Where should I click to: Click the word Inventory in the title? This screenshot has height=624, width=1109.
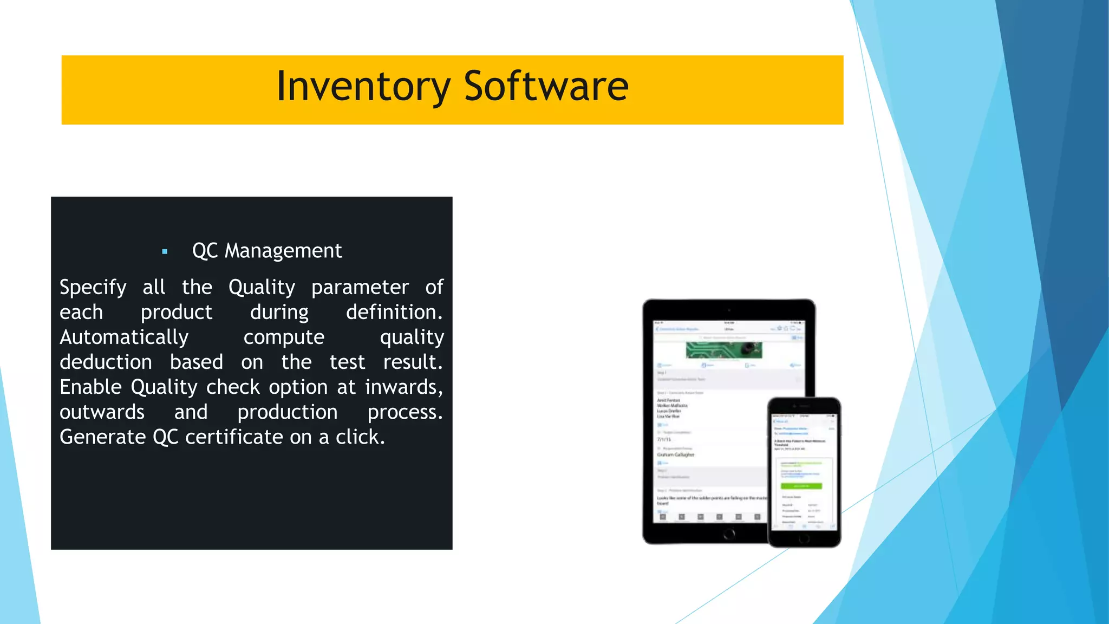363,87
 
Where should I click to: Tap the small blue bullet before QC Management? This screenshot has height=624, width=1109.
165,252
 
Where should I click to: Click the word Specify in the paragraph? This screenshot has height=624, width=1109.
93,288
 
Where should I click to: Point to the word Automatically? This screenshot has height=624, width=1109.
124,337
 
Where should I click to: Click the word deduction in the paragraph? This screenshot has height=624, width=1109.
106,362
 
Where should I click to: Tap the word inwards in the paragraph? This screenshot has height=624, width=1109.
403,387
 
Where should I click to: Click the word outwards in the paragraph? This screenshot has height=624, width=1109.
102,412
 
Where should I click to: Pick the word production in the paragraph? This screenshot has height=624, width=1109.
287,412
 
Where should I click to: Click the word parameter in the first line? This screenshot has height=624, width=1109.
360,288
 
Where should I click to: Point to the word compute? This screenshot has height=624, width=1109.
284,337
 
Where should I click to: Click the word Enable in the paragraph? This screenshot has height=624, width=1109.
90,387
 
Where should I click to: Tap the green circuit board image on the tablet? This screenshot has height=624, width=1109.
723,350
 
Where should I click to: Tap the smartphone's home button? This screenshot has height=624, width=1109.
804,538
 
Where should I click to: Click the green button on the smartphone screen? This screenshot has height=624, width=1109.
801,486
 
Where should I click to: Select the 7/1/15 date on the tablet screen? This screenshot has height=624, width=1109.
664,439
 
